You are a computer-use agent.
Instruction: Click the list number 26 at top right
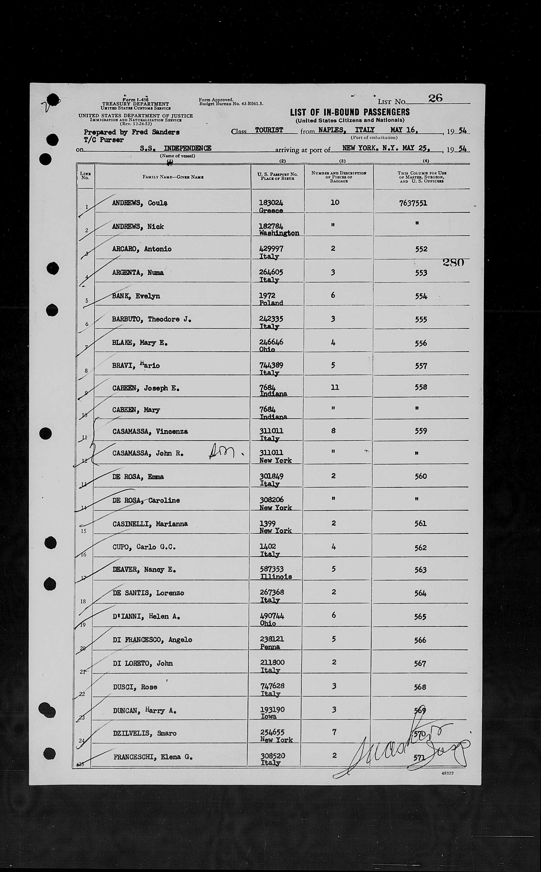(435, 98)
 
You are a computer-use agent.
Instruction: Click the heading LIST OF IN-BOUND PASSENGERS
(350, 112)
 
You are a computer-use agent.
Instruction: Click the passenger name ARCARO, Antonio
(142, 249)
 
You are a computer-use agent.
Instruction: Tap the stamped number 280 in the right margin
(453, 263)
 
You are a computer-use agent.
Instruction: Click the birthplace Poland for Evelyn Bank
(271, 303)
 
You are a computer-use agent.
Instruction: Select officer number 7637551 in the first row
(413, 203)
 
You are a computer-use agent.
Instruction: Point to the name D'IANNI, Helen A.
(146, 616)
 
